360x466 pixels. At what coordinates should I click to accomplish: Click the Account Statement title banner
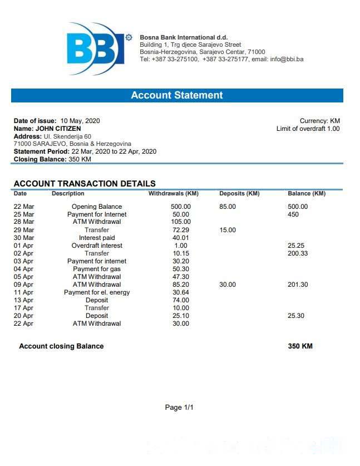(177, 95)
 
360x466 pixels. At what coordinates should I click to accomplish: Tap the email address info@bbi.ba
(287, 59)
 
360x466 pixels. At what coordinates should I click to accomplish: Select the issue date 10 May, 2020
(80, 121)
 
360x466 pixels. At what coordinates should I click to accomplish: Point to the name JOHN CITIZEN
(58, 129)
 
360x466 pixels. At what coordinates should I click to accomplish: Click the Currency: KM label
(319, 121)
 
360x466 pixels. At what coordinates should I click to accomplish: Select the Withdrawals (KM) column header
(173, 194)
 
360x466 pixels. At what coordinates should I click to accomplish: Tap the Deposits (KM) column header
(239, 194)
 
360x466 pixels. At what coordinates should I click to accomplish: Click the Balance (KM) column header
(307, 194)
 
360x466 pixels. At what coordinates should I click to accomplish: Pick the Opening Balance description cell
(97, 207)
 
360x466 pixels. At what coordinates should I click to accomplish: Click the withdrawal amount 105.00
(181, 222)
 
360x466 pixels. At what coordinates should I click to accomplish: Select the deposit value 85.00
(228, 207)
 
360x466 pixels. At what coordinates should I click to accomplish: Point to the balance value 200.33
(298, 253)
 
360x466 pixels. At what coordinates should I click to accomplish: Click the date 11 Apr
(23, 292)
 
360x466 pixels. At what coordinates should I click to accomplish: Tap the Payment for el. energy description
(97, 292)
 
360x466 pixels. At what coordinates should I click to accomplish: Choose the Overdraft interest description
(97, 246)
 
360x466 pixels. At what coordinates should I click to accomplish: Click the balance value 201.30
(298, 284)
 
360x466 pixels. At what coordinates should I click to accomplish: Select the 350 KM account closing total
(300, 346)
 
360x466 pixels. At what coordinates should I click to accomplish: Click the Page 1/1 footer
(179, 408)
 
